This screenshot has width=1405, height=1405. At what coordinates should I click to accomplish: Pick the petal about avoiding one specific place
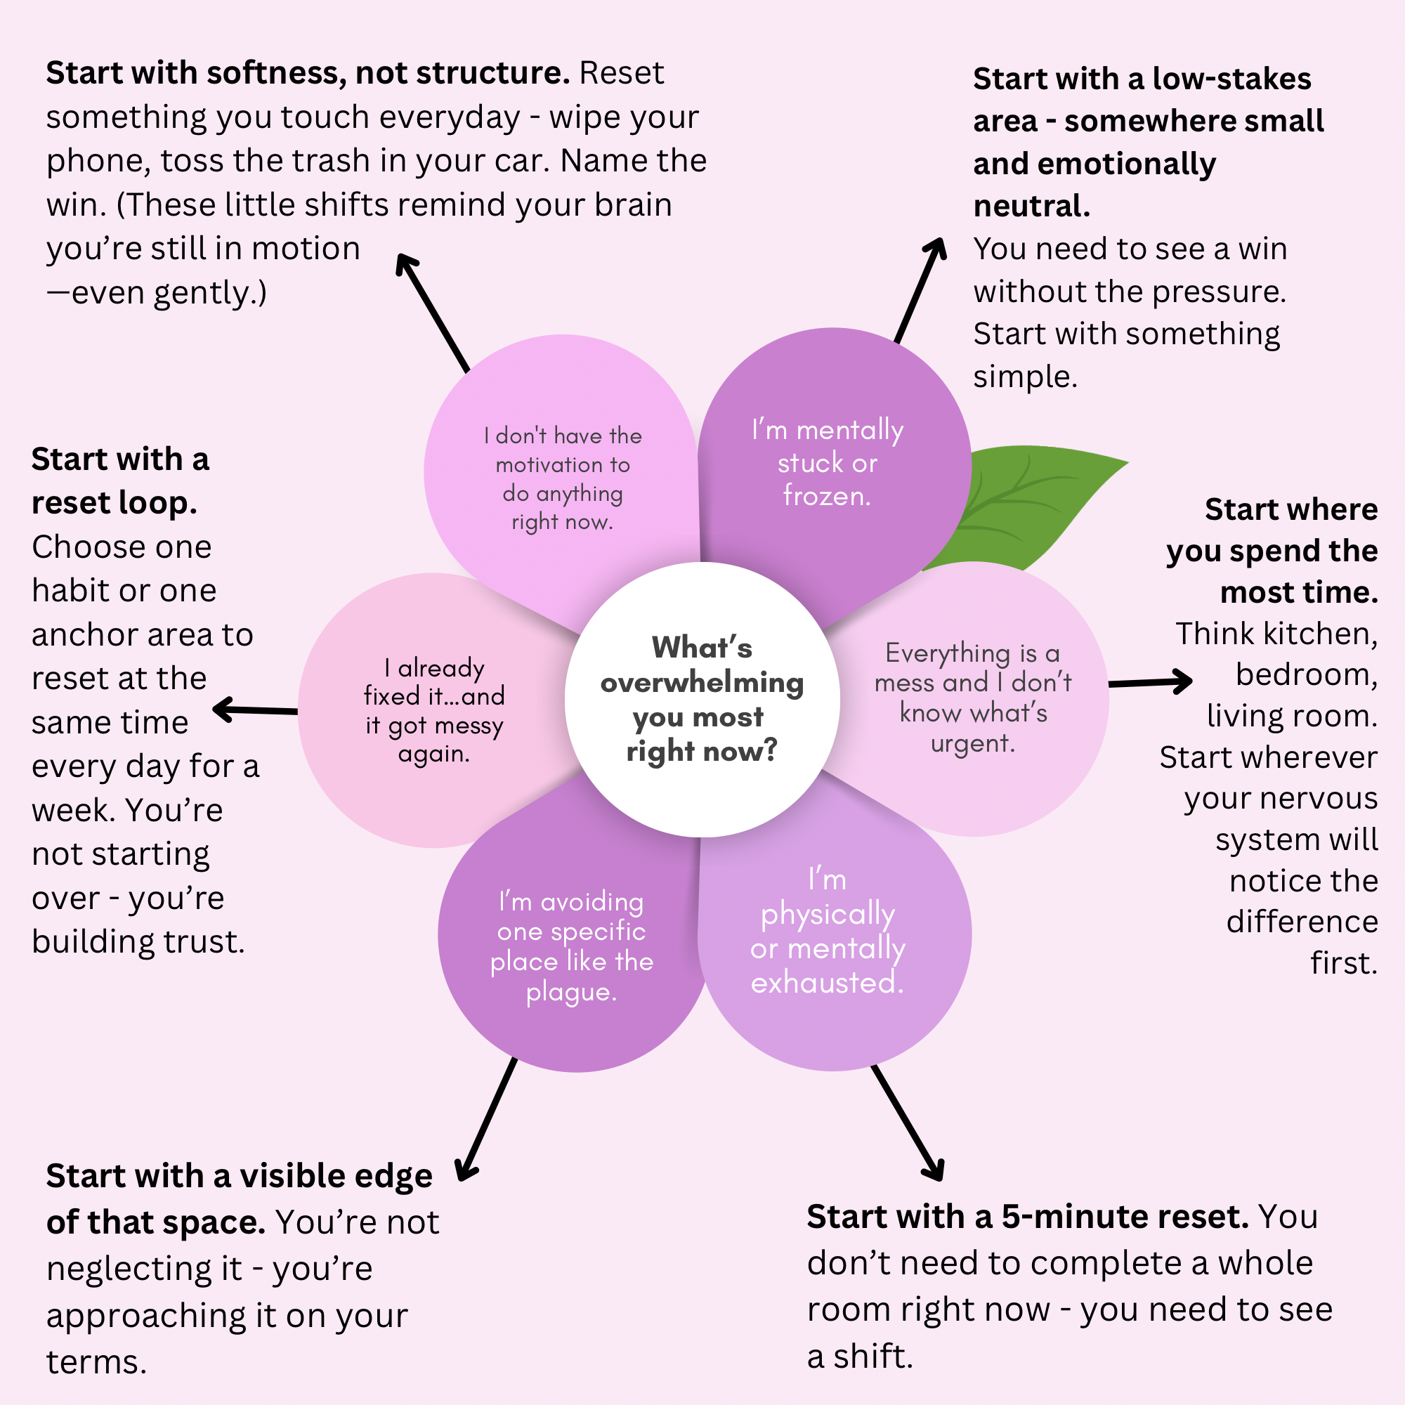point(571,946)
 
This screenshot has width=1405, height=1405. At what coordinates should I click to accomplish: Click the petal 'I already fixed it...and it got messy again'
point(434,710)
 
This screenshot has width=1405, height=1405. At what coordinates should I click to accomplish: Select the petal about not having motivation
point(562,478)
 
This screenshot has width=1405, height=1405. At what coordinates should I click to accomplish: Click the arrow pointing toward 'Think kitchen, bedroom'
point(1149,682)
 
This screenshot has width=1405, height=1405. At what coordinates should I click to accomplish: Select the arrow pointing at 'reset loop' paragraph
point(254,710)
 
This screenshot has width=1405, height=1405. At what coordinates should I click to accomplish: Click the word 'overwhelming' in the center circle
point(702,683)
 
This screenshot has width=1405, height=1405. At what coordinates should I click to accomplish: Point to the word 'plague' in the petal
point(571,992)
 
